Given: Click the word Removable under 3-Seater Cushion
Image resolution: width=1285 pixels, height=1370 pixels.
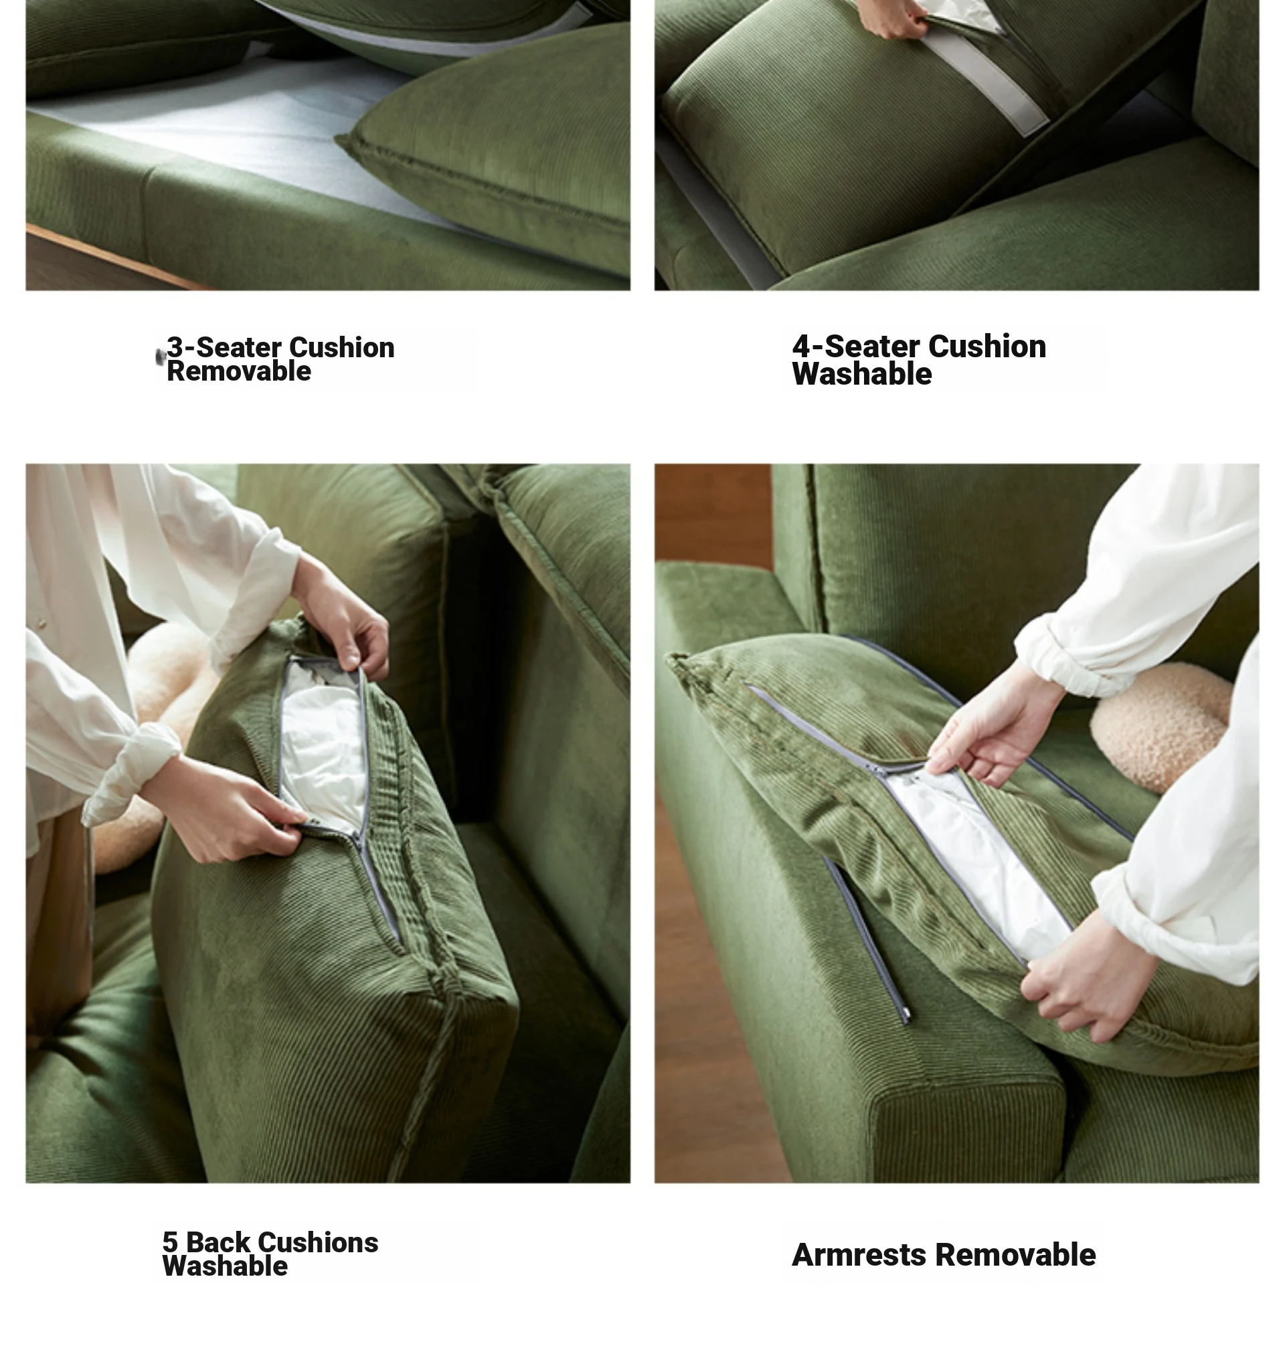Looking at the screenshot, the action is (x=238, y=371).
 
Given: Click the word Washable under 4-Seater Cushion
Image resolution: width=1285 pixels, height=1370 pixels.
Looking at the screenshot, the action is (x=862, y=374).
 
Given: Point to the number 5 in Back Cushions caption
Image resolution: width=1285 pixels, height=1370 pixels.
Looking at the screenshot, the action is (x=169, y=1242).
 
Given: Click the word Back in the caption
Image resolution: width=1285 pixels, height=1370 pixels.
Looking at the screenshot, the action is (x=218, y=1242).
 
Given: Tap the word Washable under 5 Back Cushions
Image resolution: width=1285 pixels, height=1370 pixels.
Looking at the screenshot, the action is (x=225, y=1266).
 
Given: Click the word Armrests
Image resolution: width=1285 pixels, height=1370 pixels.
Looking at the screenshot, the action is (x=858, y=1255).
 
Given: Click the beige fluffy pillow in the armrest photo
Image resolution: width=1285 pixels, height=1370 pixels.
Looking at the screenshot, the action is (x=1161, y=725).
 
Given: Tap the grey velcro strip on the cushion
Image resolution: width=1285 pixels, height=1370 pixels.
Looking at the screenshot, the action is (x=982, y=79).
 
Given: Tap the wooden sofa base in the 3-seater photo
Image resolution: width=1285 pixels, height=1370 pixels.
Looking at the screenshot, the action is (x=104, y=262).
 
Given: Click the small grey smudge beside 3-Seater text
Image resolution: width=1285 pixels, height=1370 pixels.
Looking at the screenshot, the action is (x=161, y=357).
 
